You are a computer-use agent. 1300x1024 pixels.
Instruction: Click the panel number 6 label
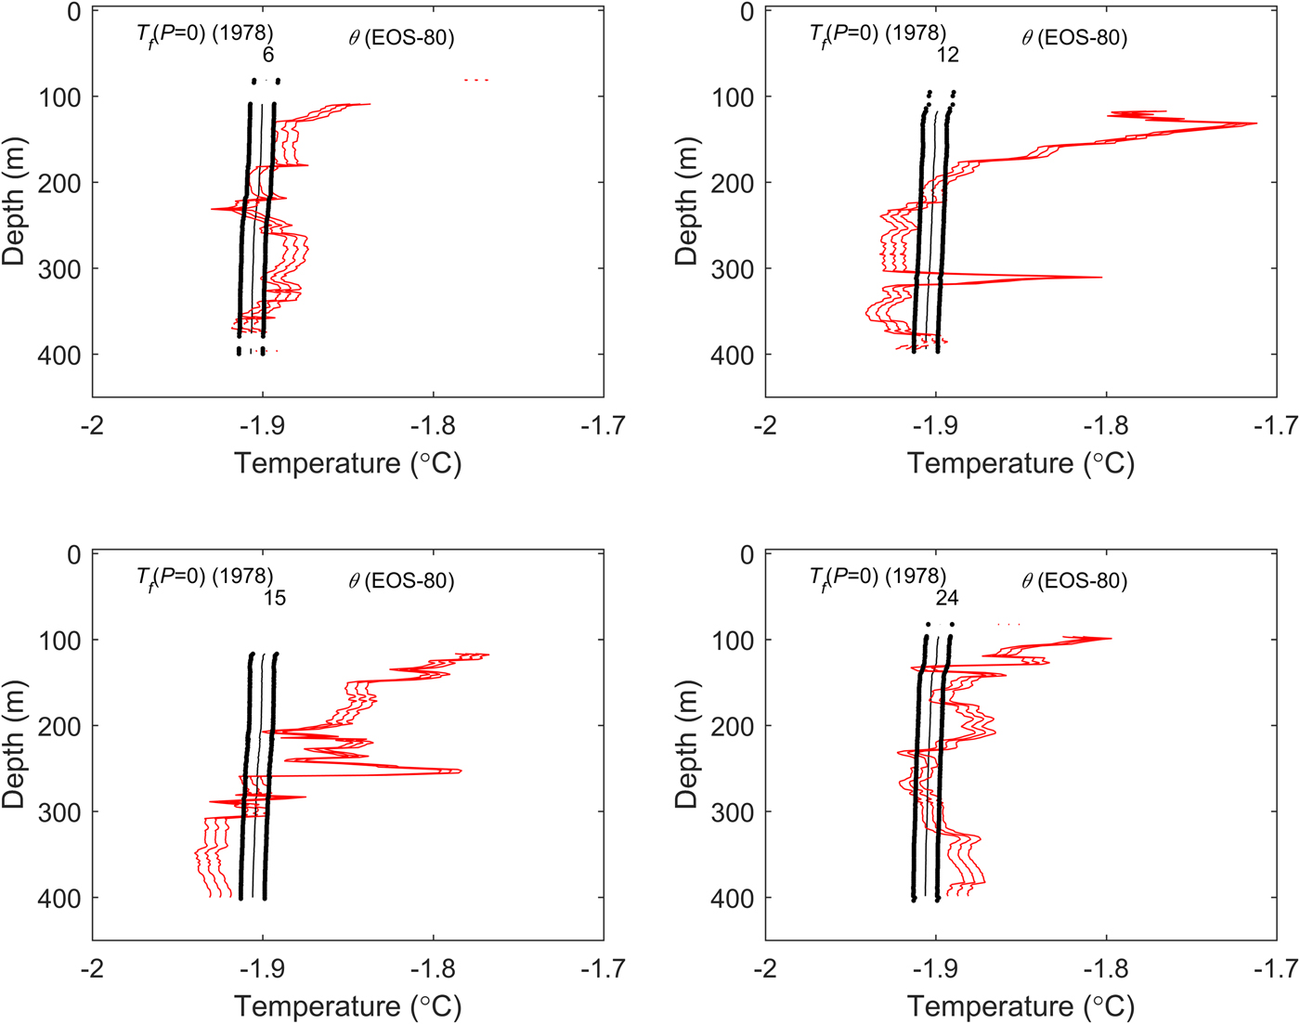click(x=268, y=55)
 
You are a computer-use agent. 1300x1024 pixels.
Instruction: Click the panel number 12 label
click(x=947, y=55)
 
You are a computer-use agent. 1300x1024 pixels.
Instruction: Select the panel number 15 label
click(x=274, y=598)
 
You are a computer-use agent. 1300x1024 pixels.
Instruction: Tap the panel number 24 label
click(x=947, y=598)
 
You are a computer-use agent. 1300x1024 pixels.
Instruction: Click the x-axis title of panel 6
click(x=347, y=462)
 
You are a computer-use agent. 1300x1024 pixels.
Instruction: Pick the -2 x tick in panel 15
click(x=92, y=968)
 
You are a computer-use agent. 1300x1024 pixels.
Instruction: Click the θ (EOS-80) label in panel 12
click(x=1074, y=38)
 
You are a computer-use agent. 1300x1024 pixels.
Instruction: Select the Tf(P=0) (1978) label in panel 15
click(x=204, y=577)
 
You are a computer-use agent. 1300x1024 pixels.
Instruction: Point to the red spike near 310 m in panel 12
click(x=1101, y=277)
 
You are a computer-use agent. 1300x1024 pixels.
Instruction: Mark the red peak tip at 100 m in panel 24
click(x=1111, y=638)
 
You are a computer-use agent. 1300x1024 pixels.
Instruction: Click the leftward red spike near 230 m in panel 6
click(x=213, y=210)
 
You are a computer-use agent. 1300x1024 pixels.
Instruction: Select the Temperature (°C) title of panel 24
click(x=1020, y=1006)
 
